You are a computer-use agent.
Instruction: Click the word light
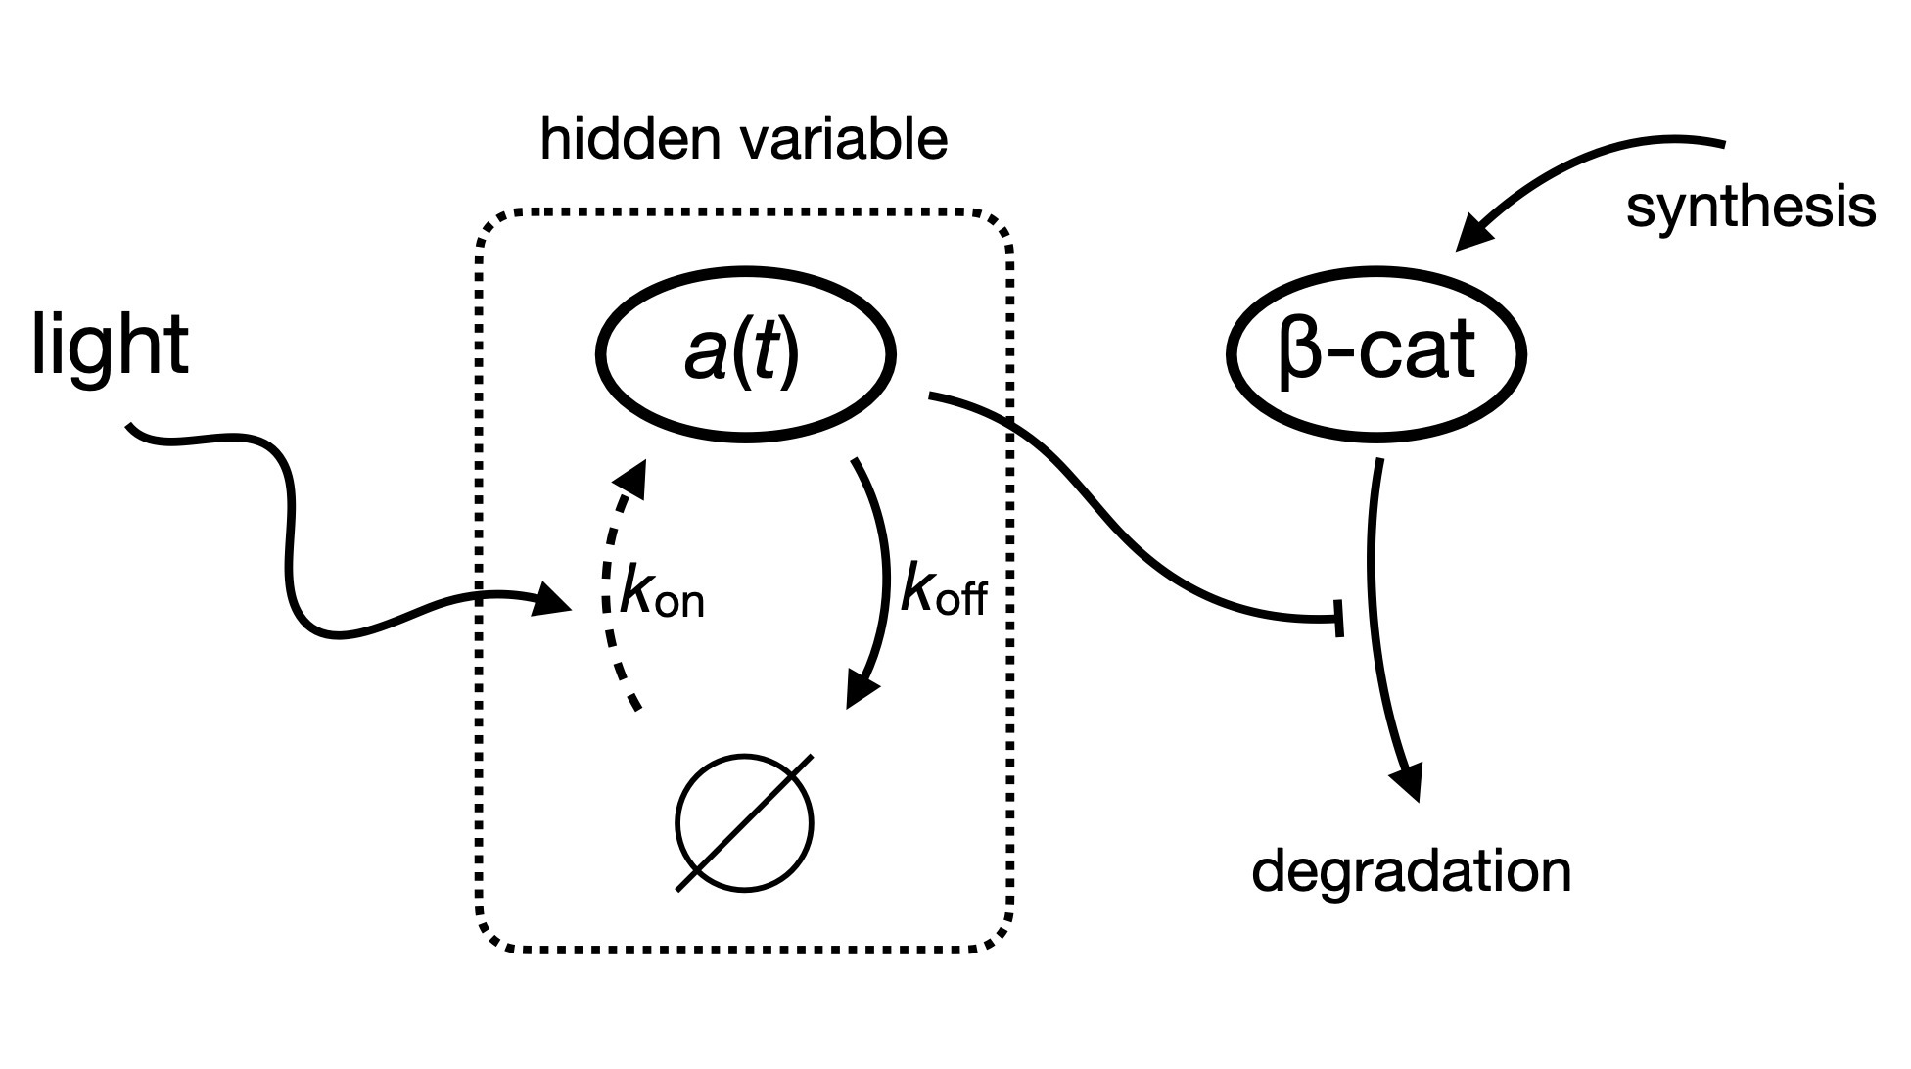coord(110,345)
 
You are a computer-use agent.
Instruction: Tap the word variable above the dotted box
coord(846,140)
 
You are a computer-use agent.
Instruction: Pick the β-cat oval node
coord(1375,352)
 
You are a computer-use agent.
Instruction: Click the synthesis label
coord(1750,209)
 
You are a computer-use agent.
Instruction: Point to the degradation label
coord(1411,871)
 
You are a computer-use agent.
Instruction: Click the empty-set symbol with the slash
coord(744,823)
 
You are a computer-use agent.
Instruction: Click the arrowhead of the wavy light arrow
coord(553,599)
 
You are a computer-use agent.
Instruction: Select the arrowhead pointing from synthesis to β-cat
coord(1473,234)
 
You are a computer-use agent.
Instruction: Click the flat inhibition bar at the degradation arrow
coord(1338,619)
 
